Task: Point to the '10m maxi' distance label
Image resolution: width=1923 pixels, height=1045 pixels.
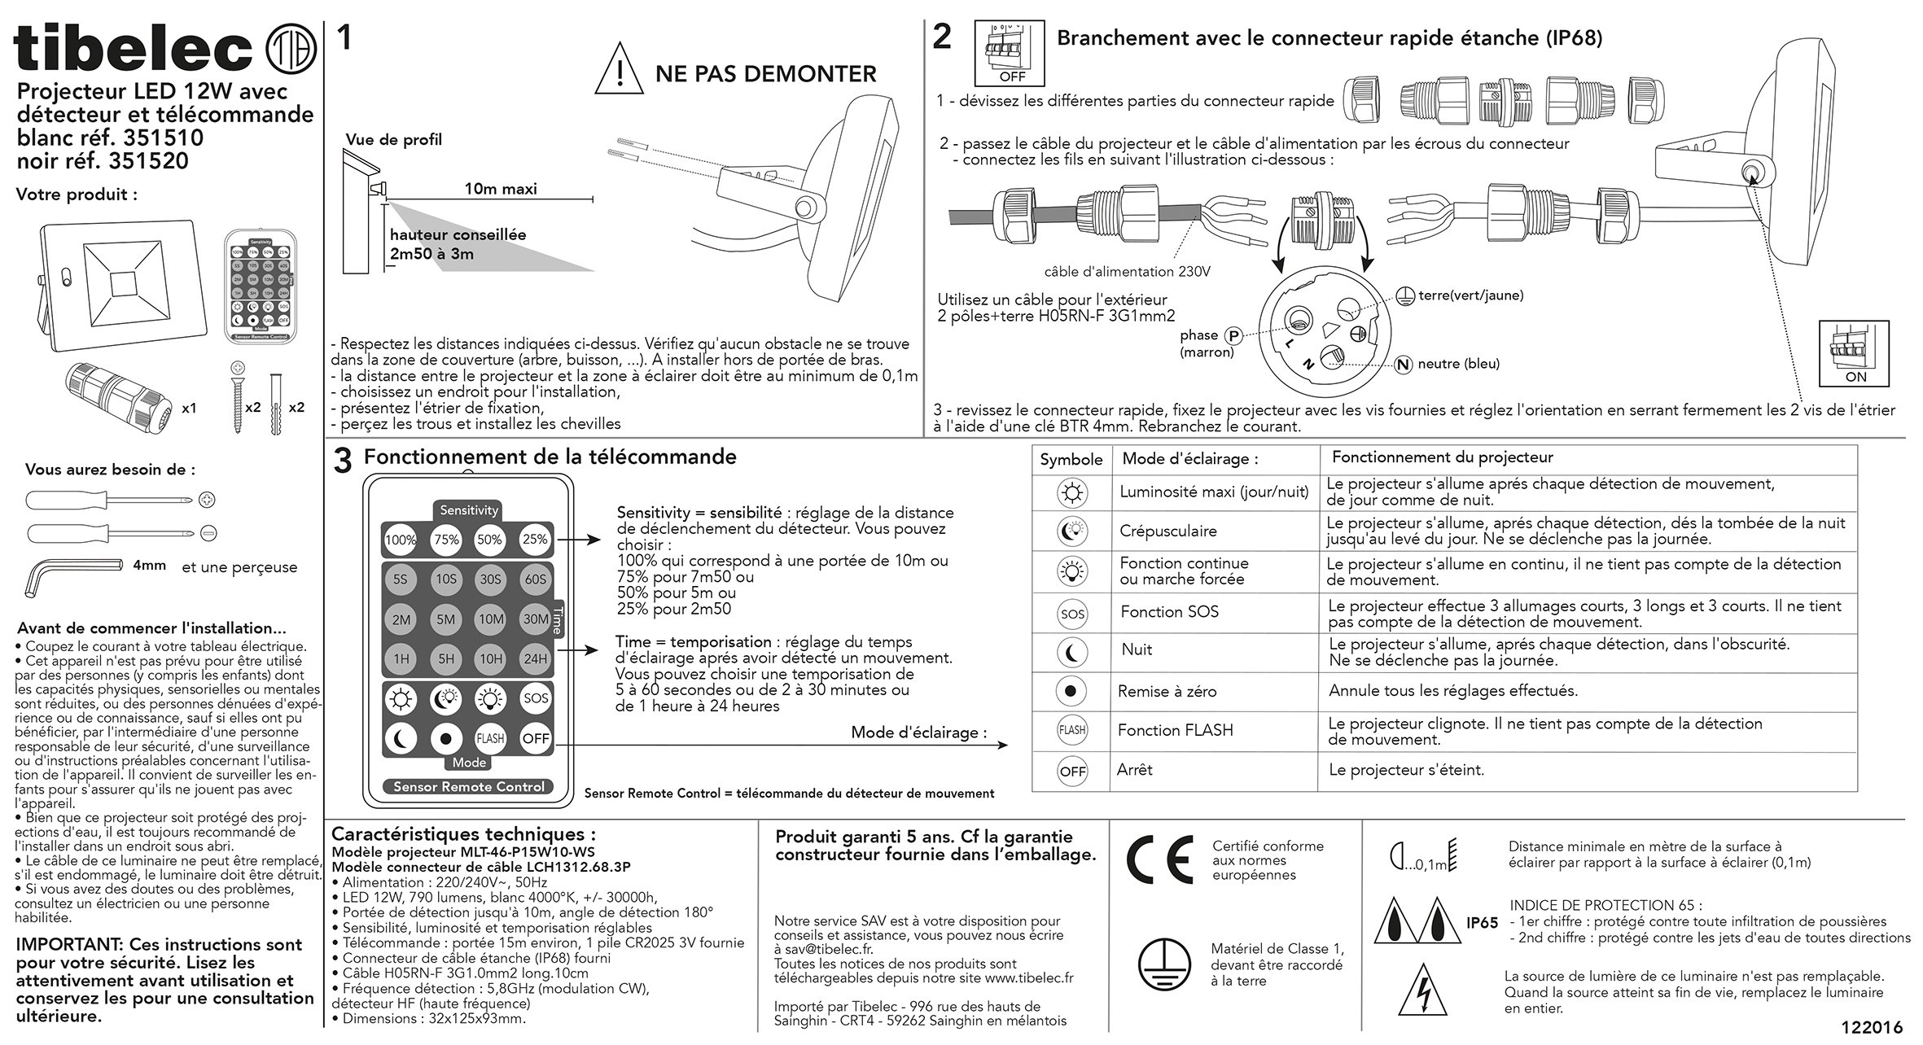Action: pos(501,189)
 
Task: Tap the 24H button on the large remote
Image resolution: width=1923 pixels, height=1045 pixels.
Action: pos(535,658)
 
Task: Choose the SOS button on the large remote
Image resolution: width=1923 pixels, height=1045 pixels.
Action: pos(535,698)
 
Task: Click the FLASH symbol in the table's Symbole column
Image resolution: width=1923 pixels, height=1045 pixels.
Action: pos(1071,730)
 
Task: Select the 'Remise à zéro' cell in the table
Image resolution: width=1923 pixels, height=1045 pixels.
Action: pos(1167,692)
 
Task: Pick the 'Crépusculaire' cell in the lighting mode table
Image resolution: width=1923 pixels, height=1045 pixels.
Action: pos(1167,531)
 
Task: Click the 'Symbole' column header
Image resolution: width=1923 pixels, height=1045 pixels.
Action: pos(1071,459)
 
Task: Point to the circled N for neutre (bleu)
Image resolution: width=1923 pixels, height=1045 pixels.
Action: pos(1403,365)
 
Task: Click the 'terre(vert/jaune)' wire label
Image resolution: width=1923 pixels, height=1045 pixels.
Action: pos(1470,295)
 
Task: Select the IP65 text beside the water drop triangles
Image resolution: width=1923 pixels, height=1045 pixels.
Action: pos(1482,923)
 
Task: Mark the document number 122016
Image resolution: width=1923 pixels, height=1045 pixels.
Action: pos(1872,1027)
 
